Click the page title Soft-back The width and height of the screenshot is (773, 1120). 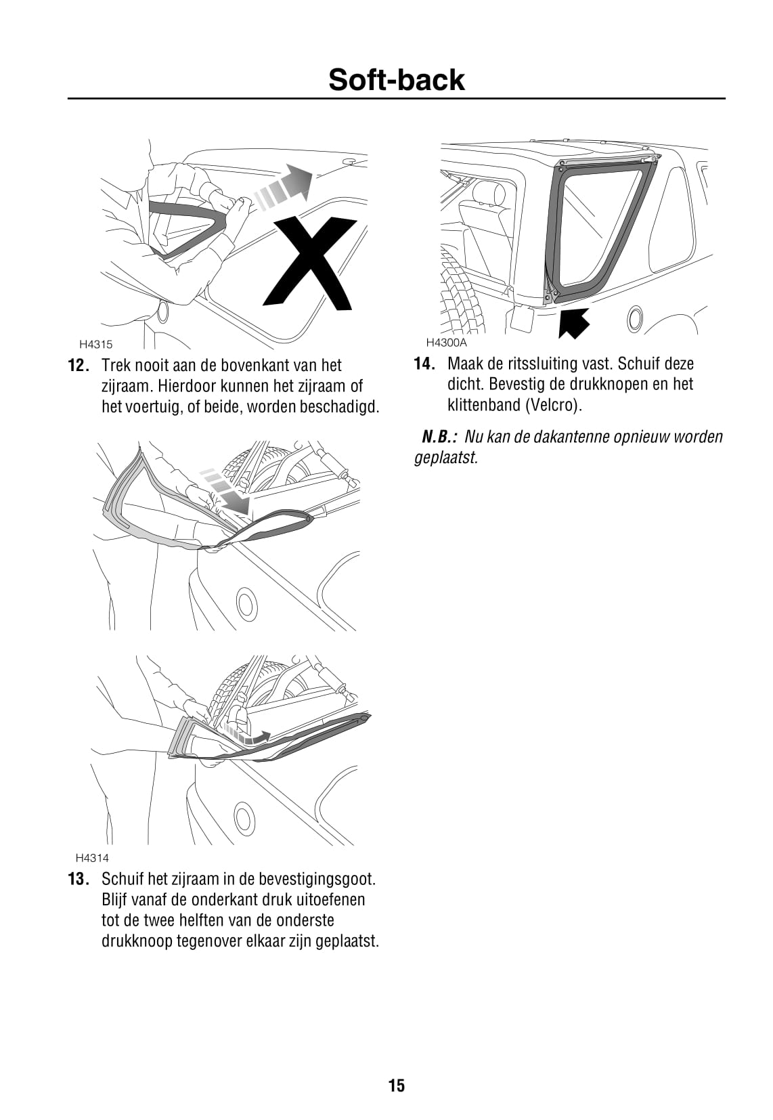pos(397,80)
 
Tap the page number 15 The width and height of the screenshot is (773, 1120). pos(397,1085)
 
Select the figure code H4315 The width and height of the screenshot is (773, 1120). pos(95,344)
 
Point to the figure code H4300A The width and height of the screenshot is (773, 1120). pos(446,342)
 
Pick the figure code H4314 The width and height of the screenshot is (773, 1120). pos(93,858)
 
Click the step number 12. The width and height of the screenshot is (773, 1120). pos(79,366)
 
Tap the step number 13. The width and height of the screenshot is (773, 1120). pos(79,880)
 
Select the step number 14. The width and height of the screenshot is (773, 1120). pos(424,364)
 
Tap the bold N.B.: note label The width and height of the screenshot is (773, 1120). pos(440,437)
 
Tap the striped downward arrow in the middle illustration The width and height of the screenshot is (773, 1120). pos(227,489)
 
